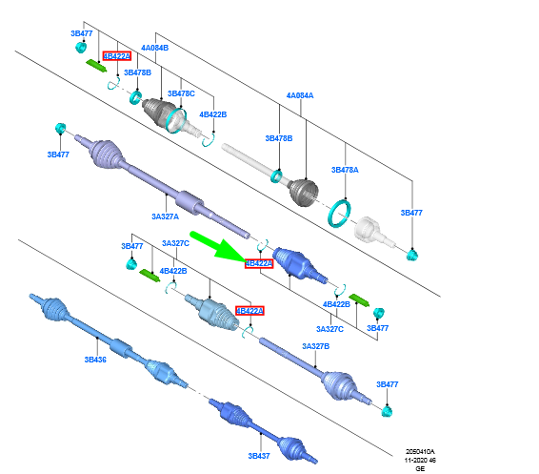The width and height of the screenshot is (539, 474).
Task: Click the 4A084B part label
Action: [154, 48]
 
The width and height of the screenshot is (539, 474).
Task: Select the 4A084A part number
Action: [300, 95]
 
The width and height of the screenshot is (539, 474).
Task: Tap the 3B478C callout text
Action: [181, 93]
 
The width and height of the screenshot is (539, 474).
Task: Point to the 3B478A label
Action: [345, 170]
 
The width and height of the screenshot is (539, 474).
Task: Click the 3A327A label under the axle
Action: [165, 216]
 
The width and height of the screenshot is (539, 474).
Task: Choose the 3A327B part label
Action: [315, 346]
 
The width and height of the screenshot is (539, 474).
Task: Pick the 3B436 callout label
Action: [95, 360]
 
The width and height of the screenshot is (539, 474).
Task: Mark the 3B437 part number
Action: [259, 456]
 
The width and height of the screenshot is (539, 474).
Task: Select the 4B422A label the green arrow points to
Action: [259, 263]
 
